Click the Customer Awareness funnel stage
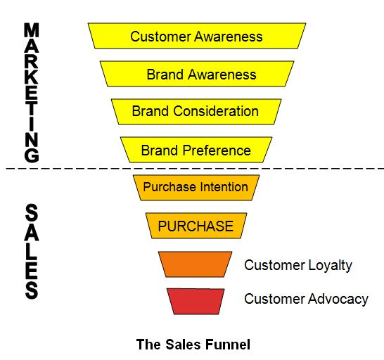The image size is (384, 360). (x=197, y=36)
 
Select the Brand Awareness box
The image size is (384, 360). (x=197, y=74)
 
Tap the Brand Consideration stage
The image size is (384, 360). (x=196, y=112)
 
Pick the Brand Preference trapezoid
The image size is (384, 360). (x=196, y=150)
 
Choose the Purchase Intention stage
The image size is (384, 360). (x=196, y=188)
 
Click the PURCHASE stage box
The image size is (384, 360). (x=196, y=226)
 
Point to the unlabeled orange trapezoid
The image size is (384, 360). (x=196, y=264)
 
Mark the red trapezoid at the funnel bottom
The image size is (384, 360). (x=196, y=302)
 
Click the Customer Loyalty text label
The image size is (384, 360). (x=298, y=266)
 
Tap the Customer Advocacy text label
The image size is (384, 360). (x=306, y=300)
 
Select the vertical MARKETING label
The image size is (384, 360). (x=32, y=92)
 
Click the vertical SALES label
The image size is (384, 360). (x=32, y=251)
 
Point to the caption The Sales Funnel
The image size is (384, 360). (x=193, y=345)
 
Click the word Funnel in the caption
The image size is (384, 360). (x=228, y=345)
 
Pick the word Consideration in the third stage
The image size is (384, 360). (x=216, y=111)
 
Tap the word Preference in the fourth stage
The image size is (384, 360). (x=217, y=150)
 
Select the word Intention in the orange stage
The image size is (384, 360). (x=224, y=187)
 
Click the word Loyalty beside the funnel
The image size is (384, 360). (x=330, y=266)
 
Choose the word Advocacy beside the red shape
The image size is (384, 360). (x=338, y=300)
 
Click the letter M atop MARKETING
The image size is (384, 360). (x=32, y=30)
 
